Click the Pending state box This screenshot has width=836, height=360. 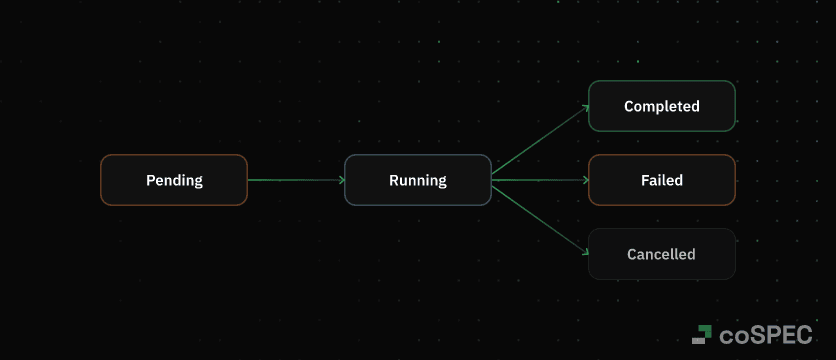click(174, 180)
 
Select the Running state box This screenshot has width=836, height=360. click(418, 180)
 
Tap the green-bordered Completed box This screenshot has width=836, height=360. click(661, 106)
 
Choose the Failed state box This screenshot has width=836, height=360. click(661, 180)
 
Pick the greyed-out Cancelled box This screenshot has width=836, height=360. click(661, 254)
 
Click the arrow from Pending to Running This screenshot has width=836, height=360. click(295, 180)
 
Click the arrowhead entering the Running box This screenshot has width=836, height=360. click(341, 180)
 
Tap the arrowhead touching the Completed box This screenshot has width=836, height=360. click(585, 108)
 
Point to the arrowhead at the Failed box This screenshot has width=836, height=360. click(585, 180)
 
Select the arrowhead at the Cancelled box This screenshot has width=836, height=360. click(585, 252)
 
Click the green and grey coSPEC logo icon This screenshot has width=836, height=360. click(702, 335)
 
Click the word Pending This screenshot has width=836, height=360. click(174, 181)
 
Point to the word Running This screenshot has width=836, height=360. click(418, 181)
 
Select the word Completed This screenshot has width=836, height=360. click(661, 106)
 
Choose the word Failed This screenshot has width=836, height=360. click(661, 181)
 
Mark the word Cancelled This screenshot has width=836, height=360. click(661, 254)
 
